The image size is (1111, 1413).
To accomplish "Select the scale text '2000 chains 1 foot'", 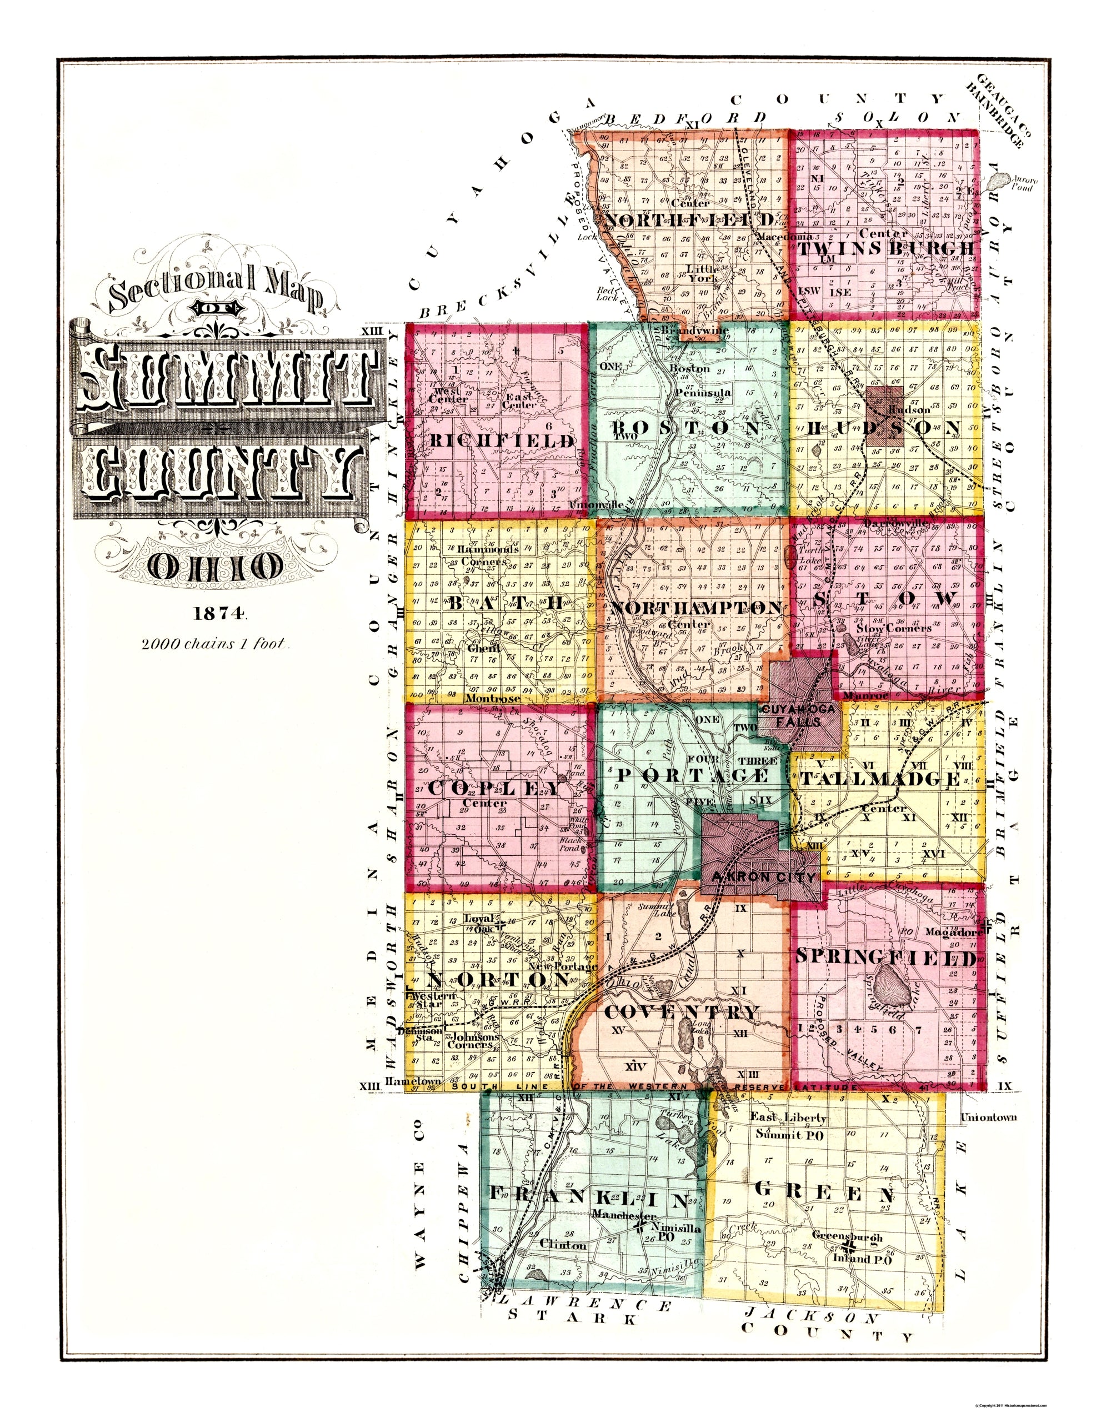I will (x=214, y=644).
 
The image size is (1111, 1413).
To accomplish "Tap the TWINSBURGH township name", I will (x=886, y=249).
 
